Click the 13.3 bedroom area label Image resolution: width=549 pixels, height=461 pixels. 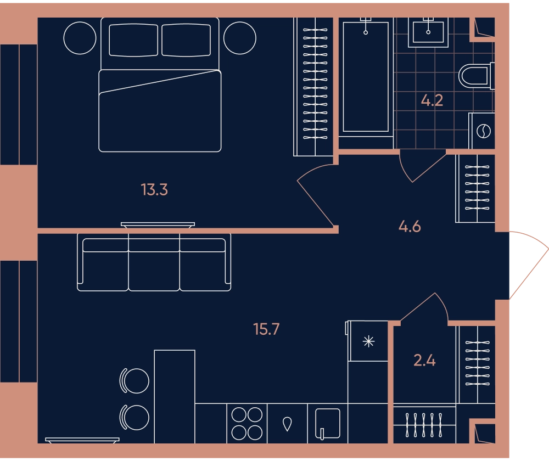point(154,190)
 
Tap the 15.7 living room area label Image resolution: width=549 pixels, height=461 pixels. point(266,329)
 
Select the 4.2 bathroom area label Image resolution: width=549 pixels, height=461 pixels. point(432,100)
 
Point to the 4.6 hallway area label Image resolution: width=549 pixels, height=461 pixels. point(410,227)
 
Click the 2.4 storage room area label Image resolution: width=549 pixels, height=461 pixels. point(424,360)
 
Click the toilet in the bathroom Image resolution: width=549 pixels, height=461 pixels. point(476,76)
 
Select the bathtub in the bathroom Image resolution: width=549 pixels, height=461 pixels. point(366,77)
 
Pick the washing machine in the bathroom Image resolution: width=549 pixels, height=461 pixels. point(482,131)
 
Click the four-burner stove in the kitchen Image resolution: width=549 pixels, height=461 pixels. point(247,424)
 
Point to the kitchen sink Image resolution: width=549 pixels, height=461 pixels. point(327,424)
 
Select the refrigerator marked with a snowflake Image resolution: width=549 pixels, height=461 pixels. point(368,341)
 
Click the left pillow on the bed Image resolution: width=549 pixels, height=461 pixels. point(133,40)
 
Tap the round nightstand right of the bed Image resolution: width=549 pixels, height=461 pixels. point(240,38)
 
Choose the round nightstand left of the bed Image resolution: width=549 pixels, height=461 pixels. point(80,38)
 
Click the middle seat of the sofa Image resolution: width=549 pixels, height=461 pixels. point(154,262)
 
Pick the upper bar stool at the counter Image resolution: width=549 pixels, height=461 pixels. point(135,381)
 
